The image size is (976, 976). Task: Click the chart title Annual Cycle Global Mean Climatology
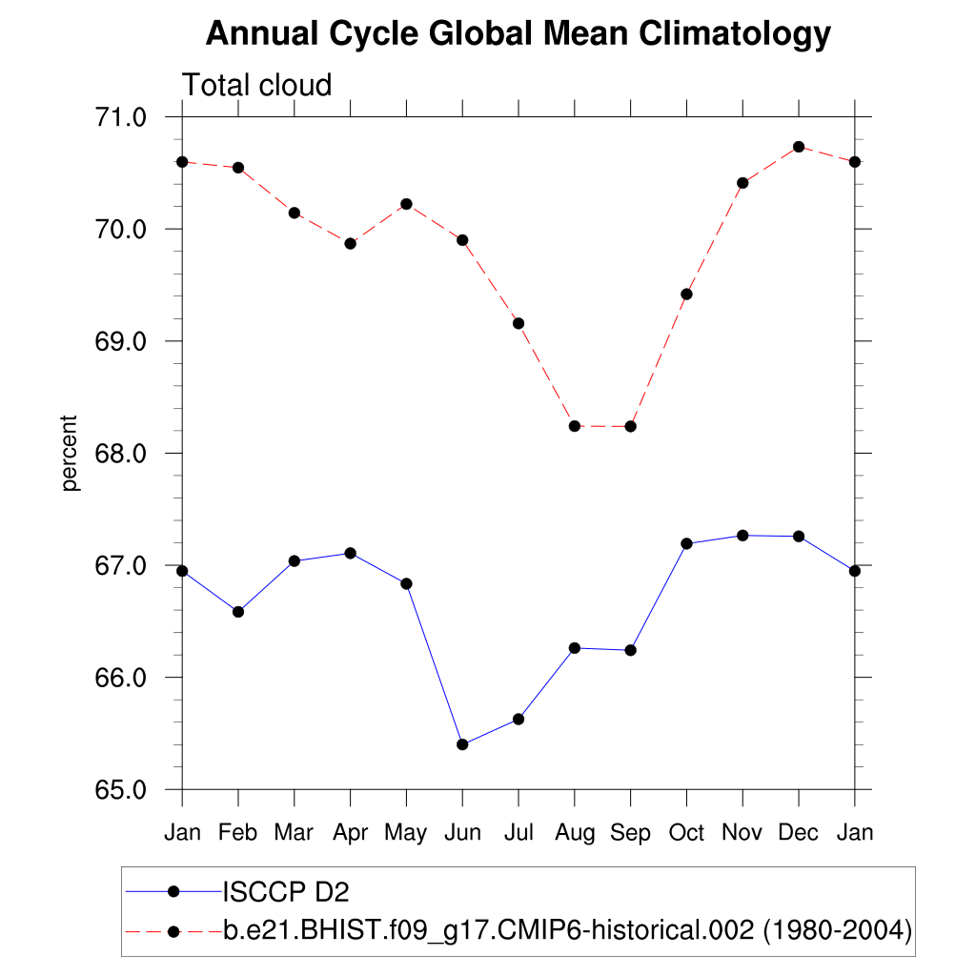[x=518, y=34]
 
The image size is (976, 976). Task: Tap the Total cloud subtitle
[x=256, y=85]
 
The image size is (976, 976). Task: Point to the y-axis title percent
[x=69, y=453]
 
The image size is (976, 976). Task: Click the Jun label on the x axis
[x=462, y=833]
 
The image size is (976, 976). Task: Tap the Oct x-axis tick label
[x=686, y=833]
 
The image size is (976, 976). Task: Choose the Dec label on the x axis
[x=799, y=833]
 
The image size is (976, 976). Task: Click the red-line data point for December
[x=799, y=147]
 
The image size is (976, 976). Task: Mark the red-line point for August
[x=575, y=426]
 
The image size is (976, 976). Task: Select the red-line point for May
[x=406, y=204]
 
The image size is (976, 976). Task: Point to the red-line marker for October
[x=686, y=294]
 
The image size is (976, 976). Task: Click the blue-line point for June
[x=462, y=744]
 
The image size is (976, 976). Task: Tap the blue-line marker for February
[x=238, y=612]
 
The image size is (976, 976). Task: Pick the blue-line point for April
[x=350, y=553]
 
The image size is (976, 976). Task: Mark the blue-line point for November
[x=742, y=536]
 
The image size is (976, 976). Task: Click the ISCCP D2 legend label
[x=286, y=892]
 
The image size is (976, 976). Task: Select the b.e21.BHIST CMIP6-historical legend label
[x=567, y=929]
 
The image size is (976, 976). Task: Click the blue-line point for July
[x=518, y=719]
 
